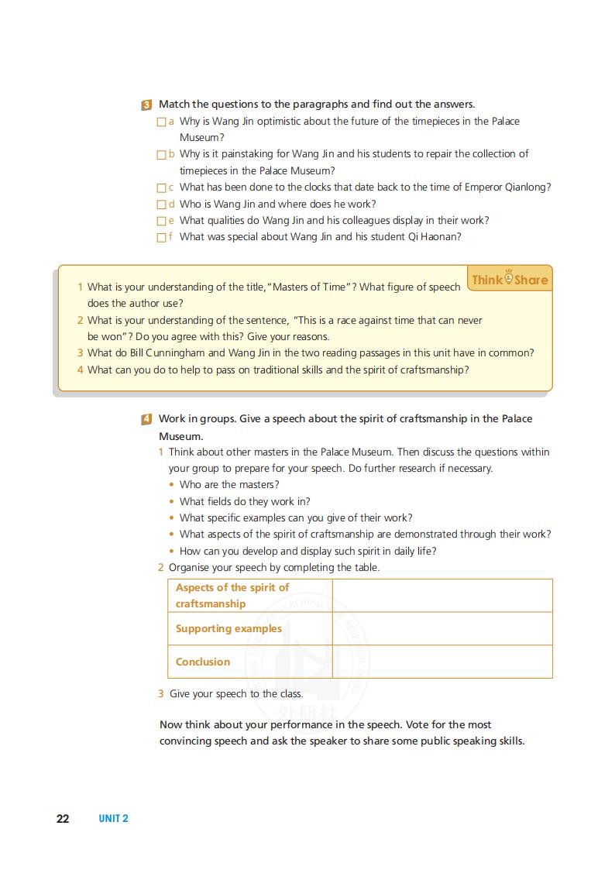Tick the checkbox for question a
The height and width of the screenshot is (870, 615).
point(161,122)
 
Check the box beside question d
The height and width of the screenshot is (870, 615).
point(161,205)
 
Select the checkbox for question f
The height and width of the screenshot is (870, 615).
point(161,237)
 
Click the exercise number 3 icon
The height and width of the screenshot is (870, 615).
point(146,105)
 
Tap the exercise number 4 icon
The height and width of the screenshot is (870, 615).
point(146,419)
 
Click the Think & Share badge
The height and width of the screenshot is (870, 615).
point(510,279)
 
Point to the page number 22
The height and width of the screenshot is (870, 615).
point(63,819)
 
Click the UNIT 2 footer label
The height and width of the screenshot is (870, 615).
point(113,819)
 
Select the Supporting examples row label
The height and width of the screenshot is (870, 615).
point(228,628)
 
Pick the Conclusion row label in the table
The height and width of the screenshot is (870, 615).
point(203,662)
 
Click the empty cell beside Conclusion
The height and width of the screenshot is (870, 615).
point(441,662)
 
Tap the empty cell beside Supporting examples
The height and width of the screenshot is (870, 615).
point(441,628)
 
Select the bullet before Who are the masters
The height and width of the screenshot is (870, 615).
point(172,485)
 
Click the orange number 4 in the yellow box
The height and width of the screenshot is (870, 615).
point(80,370)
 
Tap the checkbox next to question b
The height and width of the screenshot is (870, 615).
point(161,154)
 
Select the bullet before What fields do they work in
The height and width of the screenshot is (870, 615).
point(172,501)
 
